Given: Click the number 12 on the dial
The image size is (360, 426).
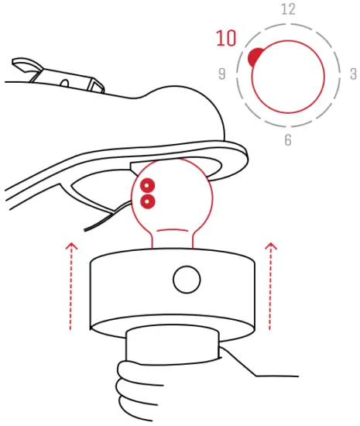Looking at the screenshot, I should tap(288, 9).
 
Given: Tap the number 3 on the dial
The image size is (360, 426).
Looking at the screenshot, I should tap(353, 74).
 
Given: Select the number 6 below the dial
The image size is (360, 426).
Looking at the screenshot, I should tap(288, 140).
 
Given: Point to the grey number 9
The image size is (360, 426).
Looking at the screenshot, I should tap(222, 74).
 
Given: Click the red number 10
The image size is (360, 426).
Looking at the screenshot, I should tap(226, 38).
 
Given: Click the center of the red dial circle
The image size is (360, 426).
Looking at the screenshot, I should tap(288, 76).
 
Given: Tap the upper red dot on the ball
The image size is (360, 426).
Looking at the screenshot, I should tap(146, 185).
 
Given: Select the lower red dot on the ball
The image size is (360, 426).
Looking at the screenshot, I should tap(146, 202).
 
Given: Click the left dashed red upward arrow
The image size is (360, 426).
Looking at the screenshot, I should tap(71, 287).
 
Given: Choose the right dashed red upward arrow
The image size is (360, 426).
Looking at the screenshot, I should tap(270, 287).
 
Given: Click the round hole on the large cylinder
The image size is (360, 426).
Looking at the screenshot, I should tap(186, 280).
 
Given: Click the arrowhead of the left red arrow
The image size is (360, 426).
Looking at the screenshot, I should tap(71, 246).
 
